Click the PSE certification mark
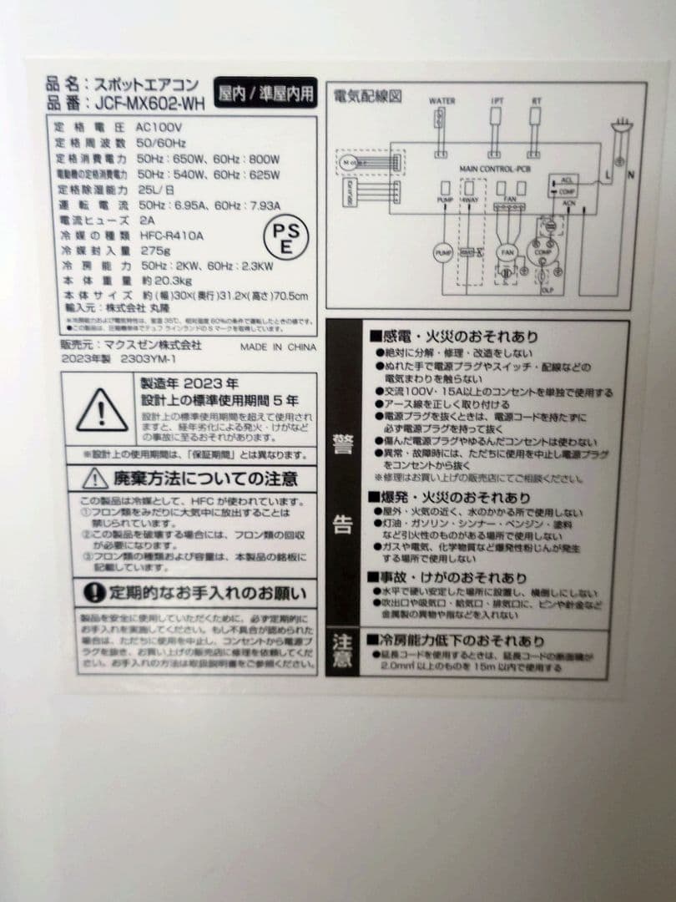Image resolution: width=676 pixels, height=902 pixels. (x=285, y=239)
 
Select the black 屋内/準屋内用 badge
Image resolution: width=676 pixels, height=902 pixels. (x=265, y=94)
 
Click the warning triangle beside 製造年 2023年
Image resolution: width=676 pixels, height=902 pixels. (x=102, y=409)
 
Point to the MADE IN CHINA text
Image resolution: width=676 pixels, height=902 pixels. (x=278, y=347)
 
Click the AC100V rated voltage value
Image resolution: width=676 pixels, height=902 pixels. (x=159, y=128)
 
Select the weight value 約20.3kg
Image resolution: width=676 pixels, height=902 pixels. (x=161, y=281)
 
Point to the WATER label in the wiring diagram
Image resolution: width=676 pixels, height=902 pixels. (x=441, y=101)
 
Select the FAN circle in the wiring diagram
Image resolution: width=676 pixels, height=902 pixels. (x=507, y=251)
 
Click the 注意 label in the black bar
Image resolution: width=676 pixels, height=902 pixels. (x=343, y=651)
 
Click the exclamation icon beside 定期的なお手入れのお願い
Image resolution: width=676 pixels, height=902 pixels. (x=95, y=593)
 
